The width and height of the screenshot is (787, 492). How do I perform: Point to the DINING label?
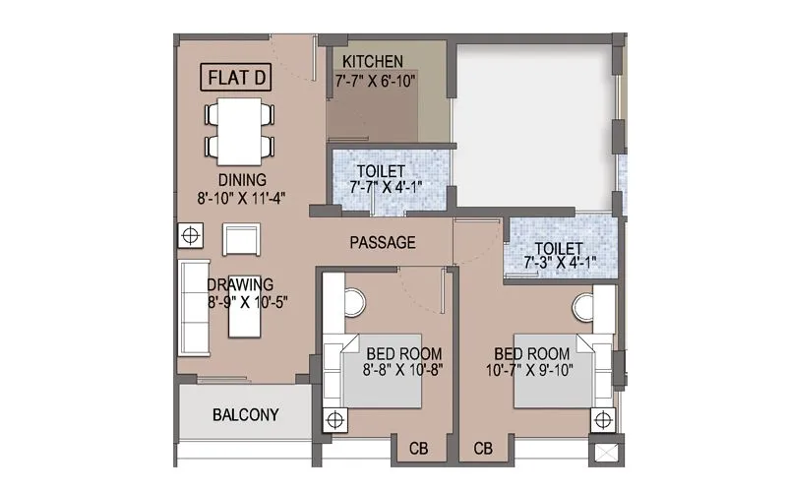(x=242, y=180)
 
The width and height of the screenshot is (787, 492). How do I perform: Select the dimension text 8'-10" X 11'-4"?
(x=242, y=197)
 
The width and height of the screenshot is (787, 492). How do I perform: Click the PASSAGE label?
(x=383, y=243)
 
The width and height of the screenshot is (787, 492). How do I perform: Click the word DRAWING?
(x=240, y=285)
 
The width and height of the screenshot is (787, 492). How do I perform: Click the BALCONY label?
(x=246, y=415)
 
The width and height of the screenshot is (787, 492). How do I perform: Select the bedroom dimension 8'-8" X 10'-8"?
(x=403, y=370)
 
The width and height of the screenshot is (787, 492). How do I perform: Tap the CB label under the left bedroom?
(x=417, y=449)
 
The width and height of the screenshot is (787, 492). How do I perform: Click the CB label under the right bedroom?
(x=483, y=449)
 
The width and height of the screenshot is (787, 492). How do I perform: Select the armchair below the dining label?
(x=240, y=239)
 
